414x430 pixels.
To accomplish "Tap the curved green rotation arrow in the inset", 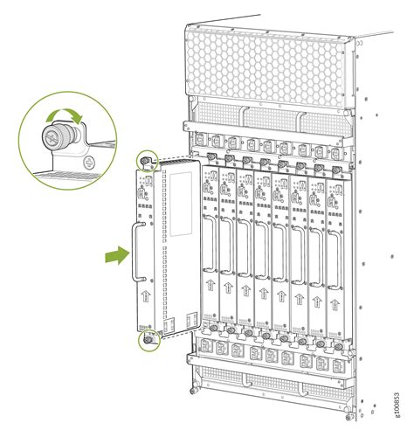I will (66, 117).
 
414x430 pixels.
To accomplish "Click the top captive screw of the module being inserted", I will (146, 163).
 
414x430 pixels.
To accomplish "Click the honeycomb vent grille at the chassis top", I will (262, 61).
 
